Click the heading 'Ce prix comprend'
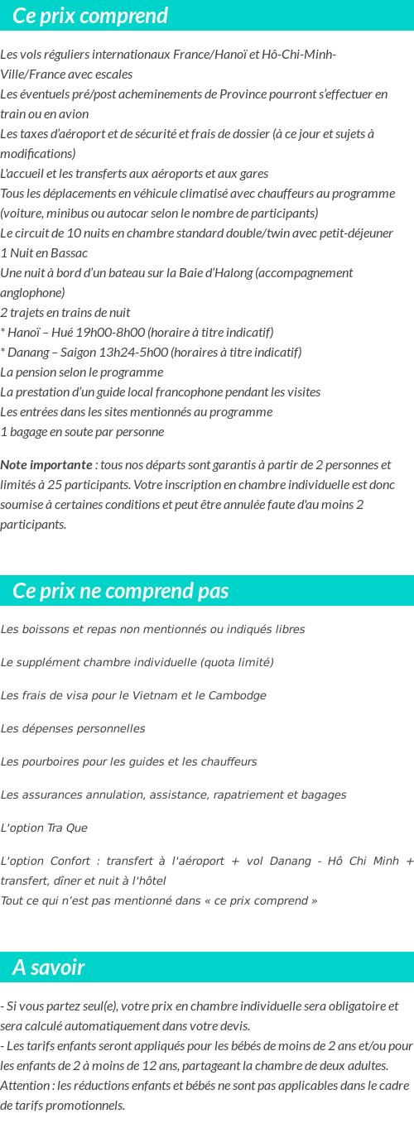pos(90,16)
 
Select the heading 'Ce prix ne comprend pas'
pos(121,591)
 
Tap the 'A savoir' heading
pos(49,967)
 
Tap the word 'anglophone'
pos(32,293)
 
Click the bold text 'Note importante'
pos(46,465)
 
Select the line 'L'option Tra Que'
pos(44,828)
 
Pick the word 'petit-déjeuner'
pos(354,233)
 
